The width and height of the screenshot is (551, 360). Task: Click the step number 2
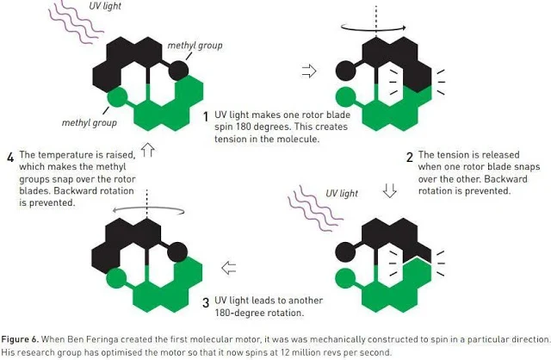pyautogui.click(x=410, y=157)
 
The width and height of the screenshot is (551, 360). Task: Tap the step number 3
pyautogui.click(x=205, y=301)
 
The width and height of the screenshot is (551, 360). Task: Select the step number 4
pyautogui.click(x=10, y=157)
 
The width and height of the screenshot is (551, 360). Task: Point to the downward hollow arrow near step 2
pyautogui.click(x=389, y=189)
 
